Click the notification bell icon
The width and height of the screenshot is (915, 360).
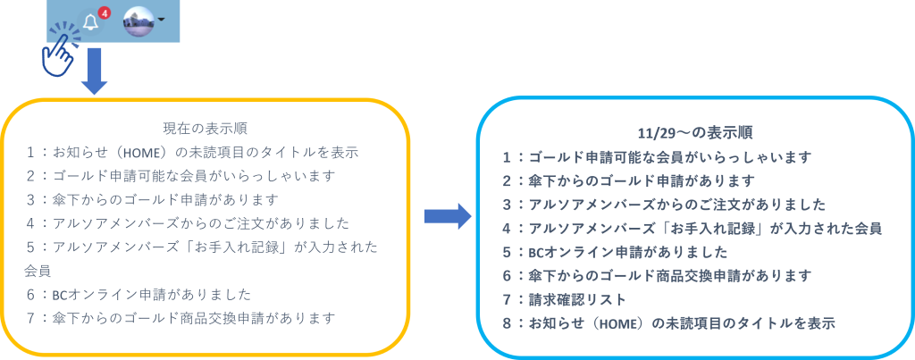coord(90,21)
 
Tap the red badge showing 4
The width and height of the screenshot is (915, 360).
coord(104,13)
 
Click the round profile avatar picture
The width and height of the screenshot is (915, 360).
coord(139,21)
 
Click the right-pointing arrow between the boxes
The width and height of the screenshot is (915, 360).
coord(446,215)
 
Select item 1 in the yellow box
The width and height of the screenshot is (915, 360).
coord(192,152)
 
